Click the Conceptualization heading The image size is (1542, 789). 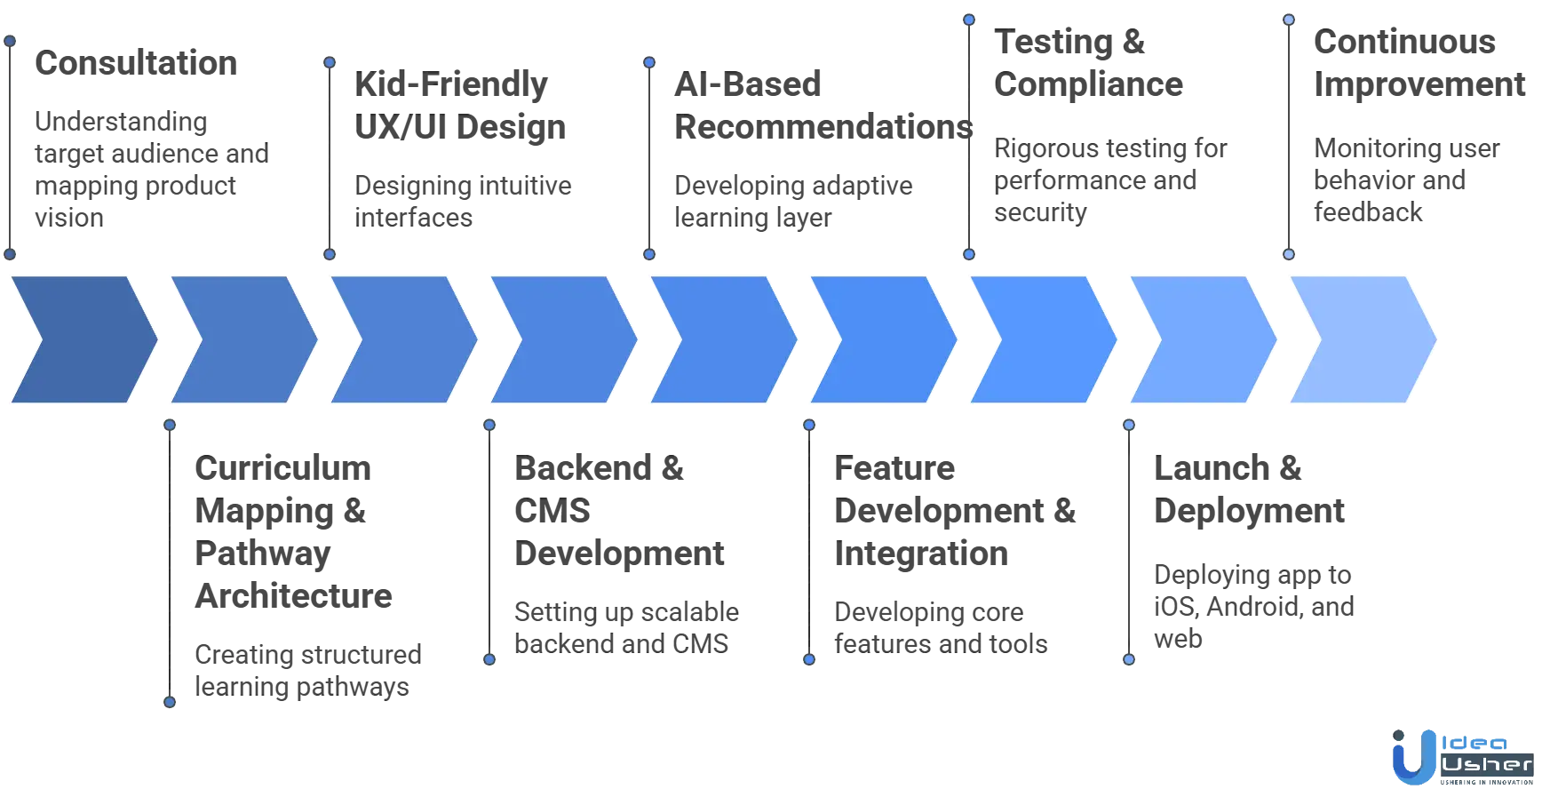pyautogui.click(x=138, y=64)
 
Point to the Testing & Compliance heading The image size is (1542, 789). pyautogui.click(x=1089, y=64)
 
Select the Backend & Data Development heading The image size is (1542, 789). pyautogui.click(x=616, y=511)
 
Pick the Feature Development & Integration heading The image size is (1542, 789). pyautogui.click(x=954, y=511)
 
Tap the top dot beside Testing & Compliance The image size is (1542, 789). pyautogui.click(x=969, y=19)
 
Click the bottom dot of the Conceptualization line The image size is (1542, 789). pyautogui.click(x=11, y=255)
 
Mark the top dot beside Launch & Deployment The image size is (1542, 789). pyautogui.click(x=1129, y=425)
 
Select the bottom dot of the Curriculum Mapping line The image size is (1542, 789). pyautogui.click(x=171, y=703)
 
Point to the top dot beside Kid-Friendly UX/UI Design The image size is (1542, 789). pyautogui.click(x=330, y=63)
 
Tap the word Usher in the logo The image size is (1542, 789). pyautogui.click(x=1488, y=765)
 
